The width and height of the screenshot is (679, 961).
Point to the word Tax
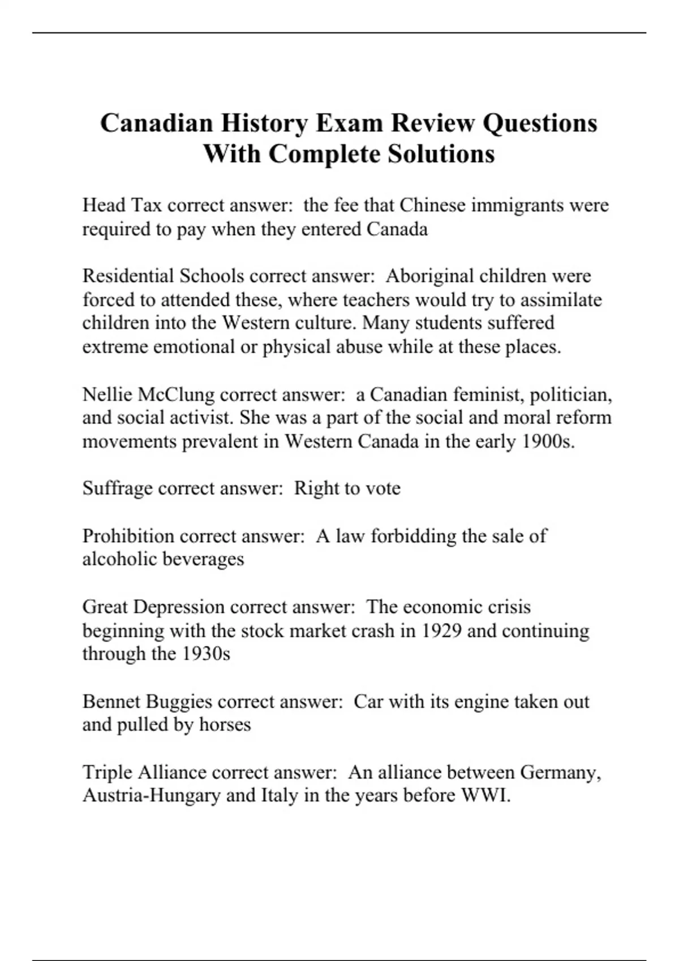(x=147, y=205)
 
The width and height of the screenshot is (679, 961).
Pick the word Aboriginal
(x=429, y=276)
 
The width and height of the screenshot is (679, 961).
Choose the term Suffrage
(x=117, y=488)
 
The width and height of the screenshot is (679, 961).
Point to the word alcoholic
(x=119, y=559)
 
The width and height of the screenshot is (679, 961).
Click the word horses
(x=225, y=725)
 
